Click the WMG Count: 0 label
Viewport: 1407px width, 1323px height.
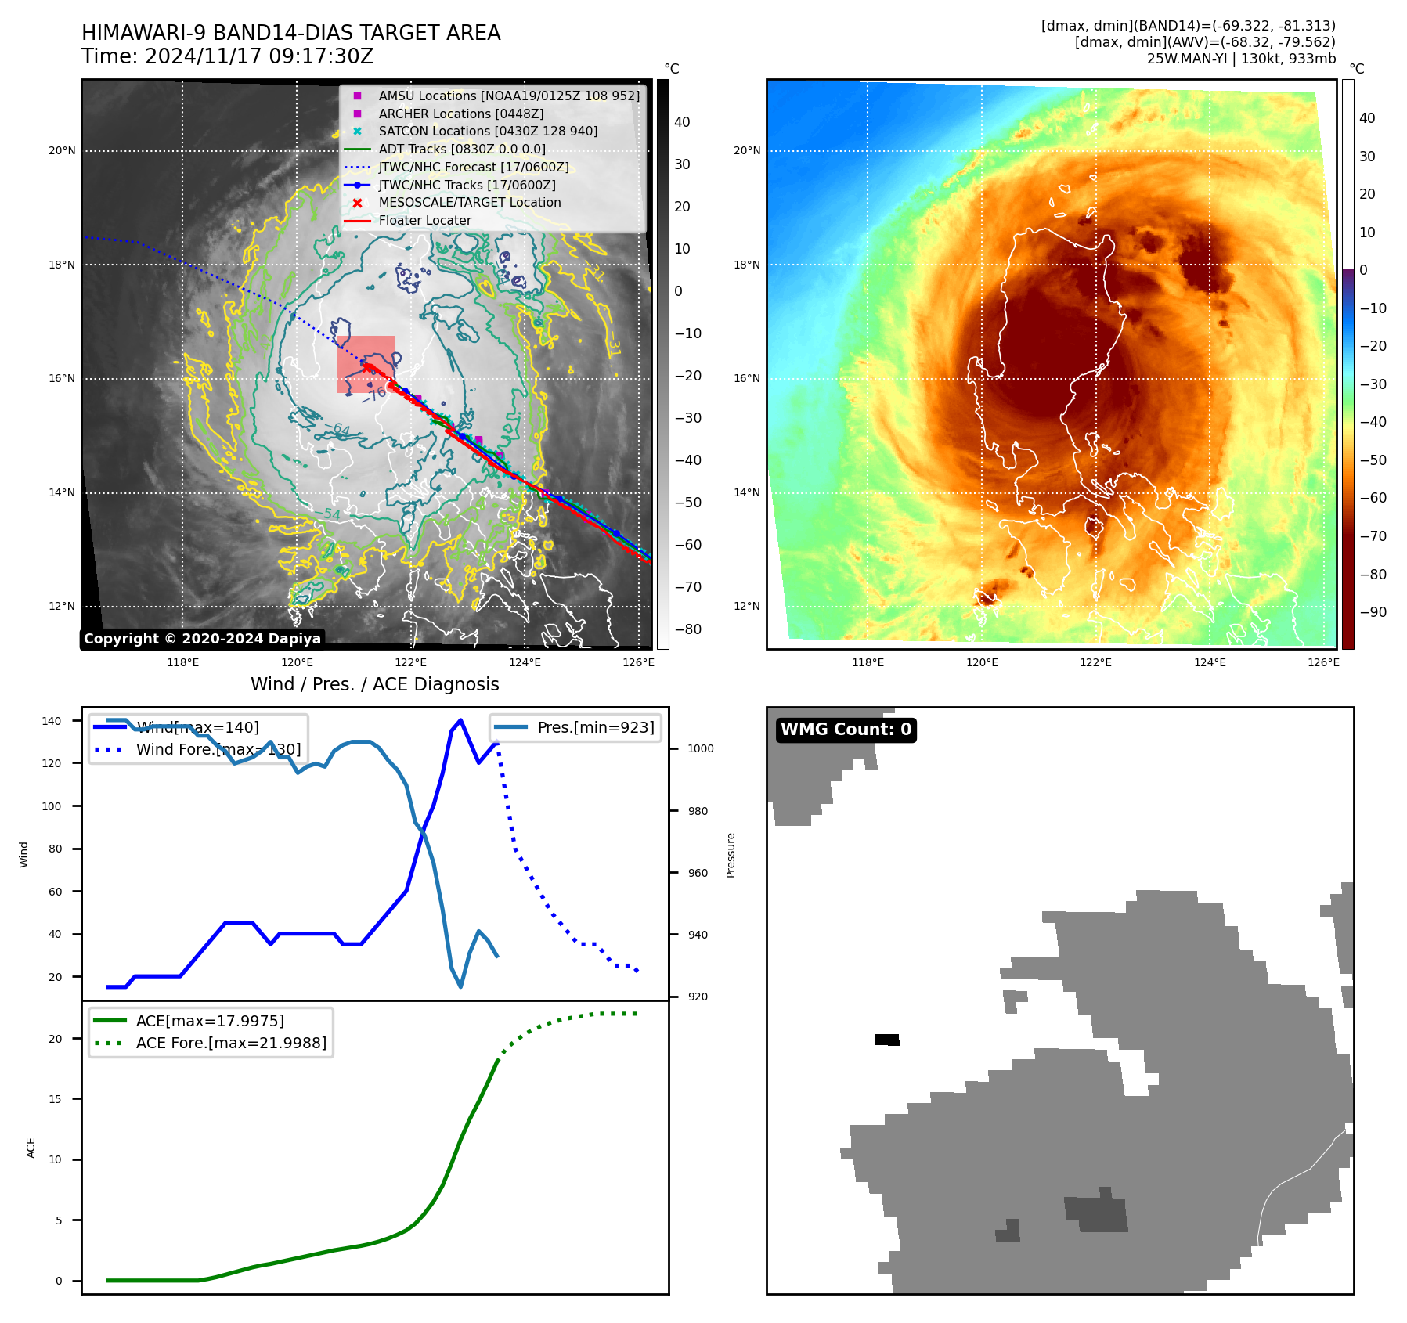[x=846, y=730]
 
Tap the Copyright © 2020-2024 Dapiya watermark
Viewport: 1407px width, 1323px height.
[x=202, y=639]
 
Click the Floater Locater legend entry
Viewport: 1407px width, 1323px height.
[x=424, y=221]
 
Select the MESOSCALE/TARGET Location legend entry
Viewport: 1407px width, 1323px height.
[x=469, y=203]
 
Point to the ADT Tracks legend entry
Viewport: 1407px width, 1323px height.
[x=461, y=149]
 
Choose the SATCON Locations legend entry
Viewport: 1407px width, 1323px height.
[x=487, y=131]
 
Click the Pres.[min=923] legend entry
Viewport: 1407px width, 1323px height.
[x=595, y=727]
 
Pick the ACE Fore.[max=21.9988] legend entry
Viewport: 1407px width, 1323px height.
[x=231, y=1043]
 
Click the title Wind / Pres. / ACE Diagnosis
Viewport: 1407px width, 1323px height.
[x=374, y=684]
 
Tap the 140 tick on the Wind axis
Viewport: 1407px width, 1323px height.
[x=51, y=721]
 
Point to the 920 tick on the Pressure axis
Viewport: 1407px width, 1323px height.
[x=697, y=997]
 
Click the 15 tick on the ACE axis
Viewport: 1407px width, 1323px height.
[x=55, y=1099]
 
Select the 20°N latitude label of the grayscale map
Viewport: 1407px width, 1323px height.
[x=62, y=151]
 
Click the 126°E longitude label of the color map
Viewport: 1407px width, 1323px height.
[x=1322, y=662]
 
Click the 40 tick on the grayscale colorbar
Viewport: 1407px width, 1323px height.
[x=682, y=122]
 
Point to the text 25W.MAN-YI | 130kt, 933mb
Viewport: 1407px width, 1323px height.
[x=1241, y=59]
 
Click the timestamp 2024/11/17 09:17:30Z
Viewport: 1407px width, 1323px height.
[x=258, y=56]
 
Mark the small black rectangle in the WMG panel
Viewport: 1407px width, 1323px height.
[x=887, y=1040]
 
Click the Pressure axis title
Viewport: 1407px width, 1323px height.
[x=731, y=855]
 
